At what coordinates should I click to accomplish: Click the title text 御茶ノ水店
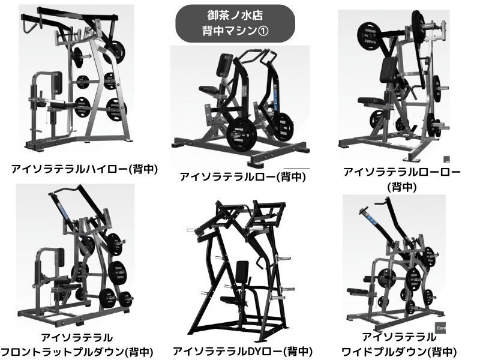(235, 16)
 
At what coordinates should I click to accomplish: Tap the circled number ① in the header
(263, 31)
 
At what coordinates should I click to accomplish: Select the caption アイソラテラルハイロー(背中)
(85, 169)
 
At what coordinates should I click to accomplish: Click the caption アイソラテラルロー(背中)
(243, 176)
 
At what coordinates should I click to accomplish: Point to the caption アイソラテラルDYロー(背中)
(242, 351)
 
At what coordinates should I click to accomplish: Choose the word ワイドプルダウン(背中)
(399, 352)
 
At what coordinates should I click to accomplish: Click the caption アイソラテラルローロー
(401, 172)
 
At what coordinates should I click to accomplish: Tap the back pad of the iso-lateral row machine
(224, 65)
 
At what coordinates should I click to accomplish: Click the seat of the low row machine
(371, 101)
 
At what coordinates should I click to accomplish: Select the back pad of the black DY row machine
(242, 272)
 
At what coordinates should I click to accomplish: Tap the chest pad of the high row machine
(57, 83)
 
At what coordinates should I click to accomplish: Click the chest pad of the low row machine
(388, 70)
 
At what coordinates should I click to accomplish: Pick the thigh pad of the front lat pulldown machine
(62, 280)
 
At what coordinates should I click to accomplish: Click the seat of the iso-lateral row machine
(209, 90)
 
